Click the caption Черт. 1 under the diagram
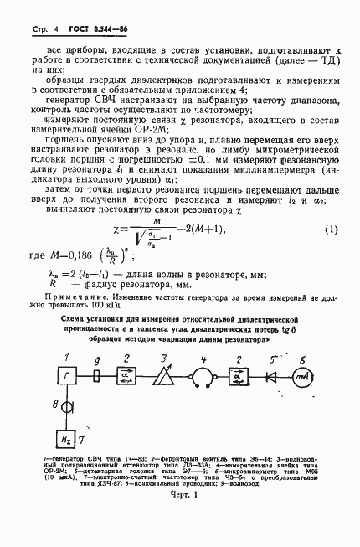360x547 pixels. pyautogui.click(x=183, y=519)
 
